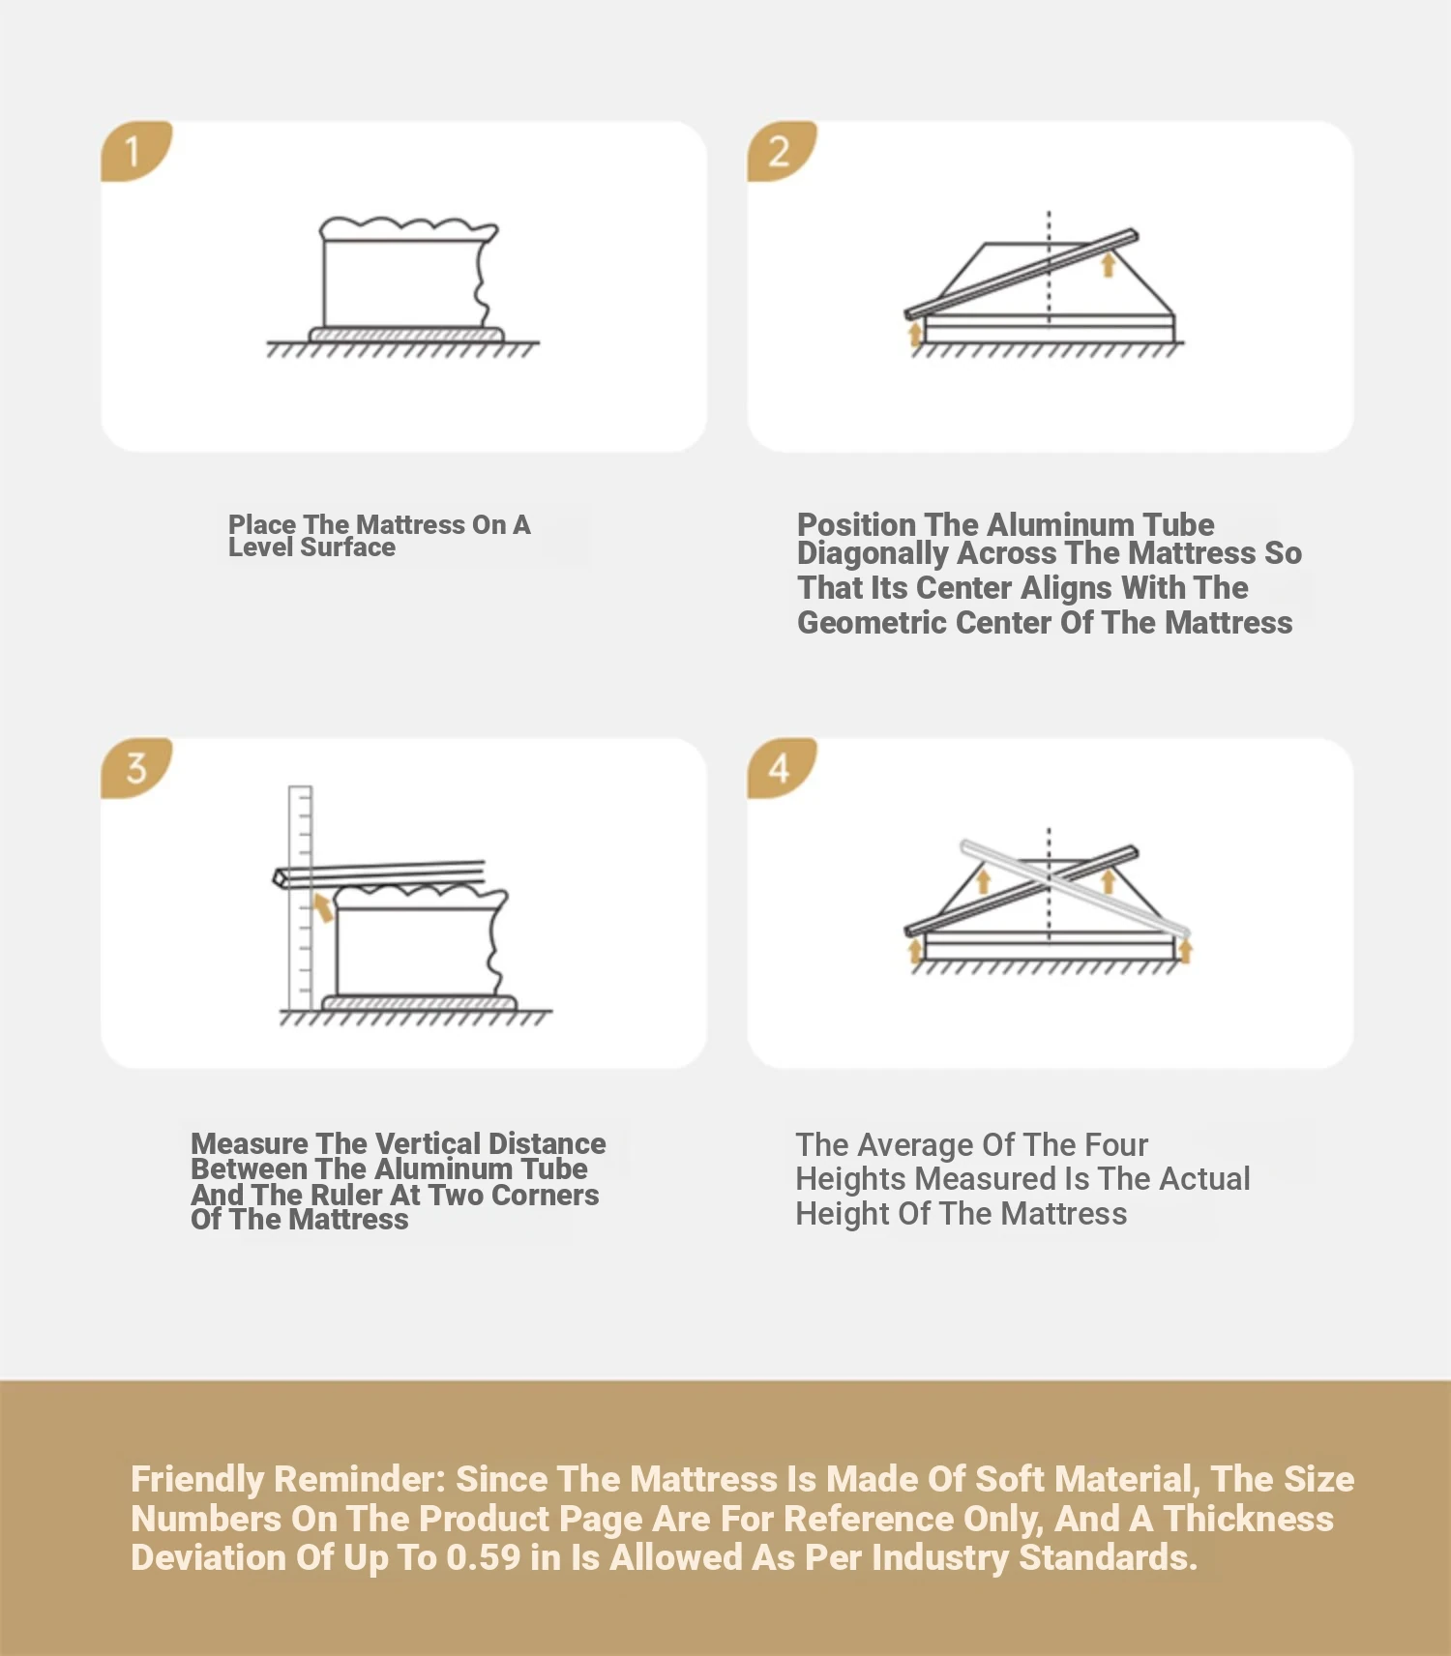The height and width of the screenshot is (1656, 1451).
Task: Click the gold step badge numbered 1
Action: [135, 151]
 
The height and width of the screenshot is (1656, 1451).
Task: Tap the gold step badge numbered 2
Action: [781, 151]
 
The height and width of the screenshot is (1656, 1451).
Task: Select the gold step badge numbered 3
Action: [135, 768]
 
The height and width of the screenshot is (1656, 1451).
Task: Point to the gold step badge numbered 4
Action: [781, 768]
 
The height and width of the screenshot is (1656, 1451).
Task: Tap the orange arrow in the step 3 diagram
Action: [322, 907]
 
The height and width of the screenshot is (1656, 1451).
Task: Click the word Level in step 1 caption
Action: [260, 547]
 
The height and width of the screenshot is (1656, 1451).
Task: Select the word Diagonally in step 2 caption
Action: [873, 554]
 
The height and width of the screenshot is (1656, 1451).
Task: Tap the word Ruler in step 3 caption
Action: [346, 1196]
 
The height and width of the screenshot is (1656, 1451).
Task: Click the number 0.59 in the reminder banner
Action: [484, 1558]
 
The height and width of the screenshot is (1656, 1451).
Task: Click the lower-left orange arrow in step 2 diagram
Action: [915, 335]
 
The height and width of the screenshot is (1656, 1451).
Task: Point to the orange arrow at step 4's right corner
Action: [1185, 950]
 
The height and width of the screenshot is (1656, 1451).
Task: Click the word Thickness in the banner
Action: [1249, 1520]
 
